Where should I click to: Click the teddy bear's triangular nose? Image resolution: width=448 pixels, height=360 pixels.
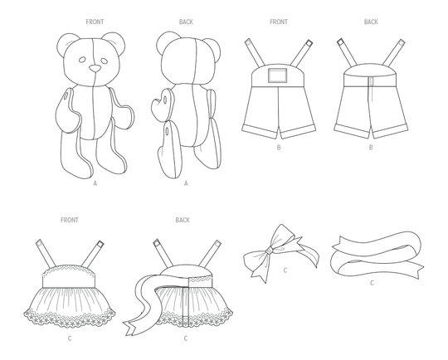95,68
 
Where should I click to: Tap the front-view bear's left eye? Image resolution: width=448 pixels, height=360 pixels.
82,60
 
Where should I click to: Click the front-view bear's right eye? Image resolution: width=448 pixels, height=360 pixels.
104,61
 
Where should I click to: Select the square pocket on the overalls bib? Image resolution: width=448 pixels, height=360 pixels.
277,75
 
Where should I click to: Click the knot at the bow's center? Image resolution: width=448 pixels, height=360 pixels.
269,251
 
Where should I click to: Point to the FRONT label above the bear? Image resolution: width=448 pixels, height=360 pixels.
95,22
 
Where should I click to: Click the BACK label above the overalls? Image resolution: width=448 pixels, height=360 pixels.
371,22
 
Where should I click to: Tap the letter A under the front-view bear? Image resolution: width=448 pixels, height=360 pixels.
95,183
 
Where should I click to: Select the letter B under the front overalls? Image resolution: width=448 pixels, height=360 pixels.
279,148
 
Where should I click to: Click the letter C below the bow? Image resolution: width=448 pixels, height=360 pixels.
285,270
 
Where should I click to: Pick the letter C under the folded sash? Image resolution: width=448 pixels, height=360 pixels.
372,283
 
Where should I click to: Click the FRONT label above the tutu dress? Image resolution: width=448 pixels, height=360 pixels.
70,220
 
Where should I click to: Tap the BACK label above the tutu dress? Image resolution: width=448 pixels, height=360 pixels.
183,220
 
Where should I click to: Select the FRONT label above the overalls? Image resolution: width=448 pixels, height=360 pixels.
279,22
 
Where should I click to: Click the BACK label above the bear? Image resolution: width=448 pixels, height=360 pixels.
186,22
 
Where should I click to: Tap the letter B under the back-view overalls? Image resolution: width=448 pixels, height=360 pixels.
371,148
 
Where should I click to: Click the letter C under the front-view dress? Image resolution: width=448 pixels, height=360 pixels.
70,338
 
